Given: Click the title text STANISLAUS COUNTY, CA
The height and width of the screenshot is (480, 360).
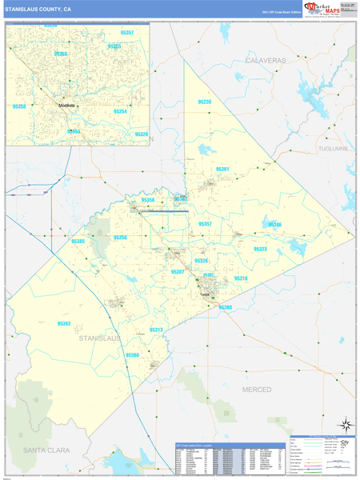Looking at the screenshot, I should click(38, 9).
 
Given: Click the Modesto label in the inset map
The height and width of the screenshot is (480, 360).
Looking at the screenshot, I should click(66, 106).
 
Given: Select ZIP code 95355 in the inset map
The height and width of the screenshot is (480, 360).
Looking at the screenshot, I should click(114, 46).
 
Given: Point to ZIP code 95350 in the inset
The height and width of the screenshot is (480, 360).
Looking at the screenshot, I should click(62, 54).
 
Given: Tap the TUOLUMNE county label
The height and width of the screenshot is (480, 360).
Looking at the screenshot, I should click(333, 149).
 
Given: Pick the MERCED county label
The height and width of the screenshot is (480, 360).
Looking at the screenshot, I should click(257, 389).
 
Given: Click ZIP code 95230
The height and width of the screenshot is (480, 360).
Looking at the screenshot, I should click(205, 102).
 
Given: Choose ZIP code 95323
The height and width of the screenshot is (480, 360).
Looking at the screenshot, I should click(261, 250).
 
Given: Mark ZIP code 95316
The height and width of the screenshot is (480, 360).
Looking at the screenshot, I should click(241, 278).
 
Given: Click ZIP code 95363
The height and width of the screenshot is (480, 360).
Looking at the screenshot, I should click(64, 323).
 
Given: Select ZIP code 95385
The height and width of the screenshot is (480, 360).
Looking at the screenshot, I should click(78, 241).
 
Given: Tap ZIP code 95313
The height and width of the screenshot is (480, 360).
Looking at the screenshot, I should click(156, 330).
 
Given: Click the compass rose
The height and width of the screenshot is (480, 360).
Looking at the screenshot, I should click(345, 424).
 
